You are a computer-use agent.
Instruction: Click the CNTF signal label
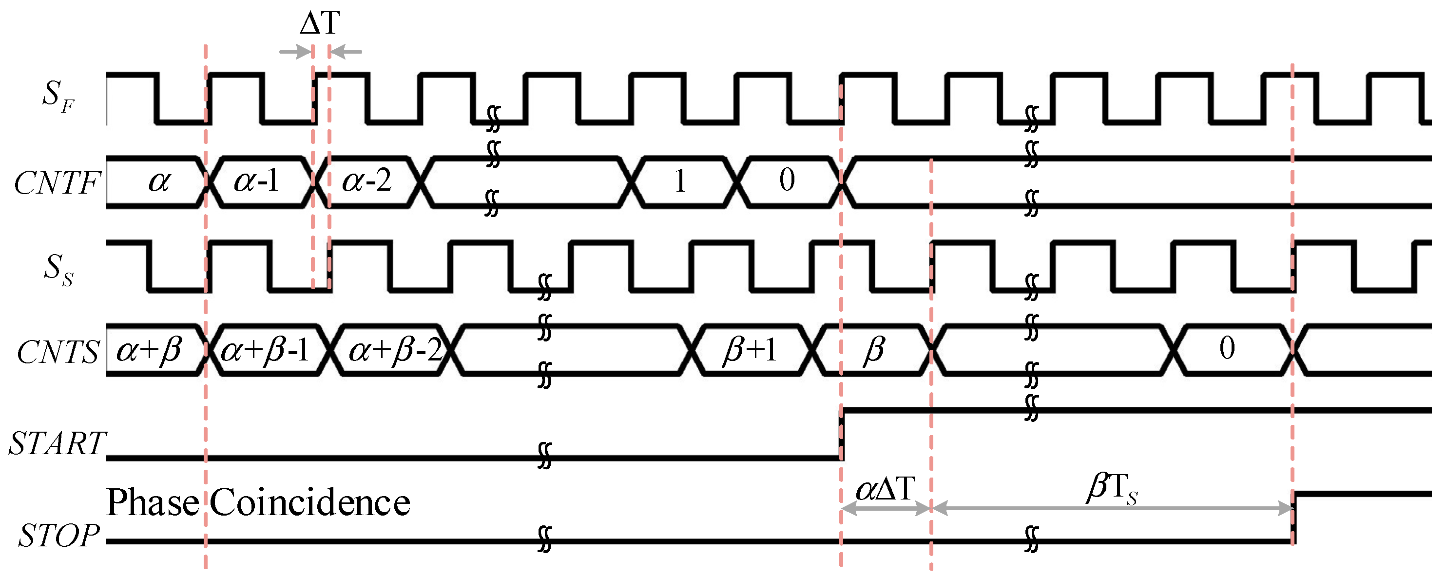(56, 183)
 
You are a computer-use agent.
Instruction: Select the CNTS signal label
(58, 353)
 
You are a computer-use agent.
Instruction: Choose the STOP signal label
(59, 535)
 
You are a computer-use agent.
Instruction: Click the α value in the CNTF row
(159, 181)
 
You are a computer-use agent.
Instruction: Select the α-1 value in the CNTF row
(256, 181)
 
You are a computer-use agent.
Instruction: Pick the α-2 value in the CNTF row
(366, 181)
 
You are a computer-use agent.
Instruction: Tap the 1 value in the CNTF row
(680, 181)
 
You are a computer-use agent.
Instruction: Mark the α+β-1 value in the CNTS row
(265, 350)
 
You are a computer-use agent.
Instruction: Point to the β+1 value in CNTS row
(750, 350)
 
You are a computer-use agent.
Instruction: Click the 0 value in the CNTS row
(1227, 348)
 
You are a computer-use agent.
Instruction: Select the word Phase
(153, 502)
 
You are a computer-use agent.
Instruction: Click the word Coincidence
(310, 502)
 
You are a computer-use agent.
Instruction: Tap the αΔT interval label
(885, 489)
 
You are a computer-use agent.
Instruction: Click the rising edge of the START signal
(842, 435)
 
